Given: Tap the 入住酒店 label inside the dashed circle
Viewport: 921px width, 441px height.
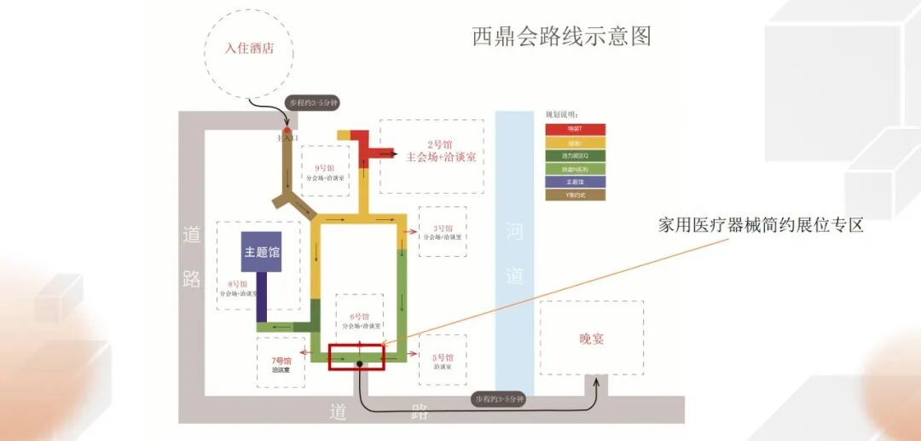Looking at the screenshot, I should pos(249,49).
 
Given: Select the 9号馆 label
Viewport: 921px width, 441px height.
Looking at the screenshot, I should pos(324,168).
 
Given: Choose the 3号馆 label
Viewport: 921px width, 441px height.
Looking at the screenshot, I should pos(442,229).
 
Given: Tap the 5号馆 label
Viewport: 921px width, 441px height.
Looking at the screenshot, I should pos(443,357).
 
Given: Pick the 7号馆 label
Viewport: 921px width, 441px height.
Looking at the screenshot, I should pos(281,360).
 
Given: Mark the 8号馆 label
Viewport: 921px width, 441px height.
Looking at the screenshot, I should pos(238,284).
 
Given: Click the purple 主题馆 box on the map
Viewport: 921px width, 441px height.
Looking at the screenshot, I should pos(261,252).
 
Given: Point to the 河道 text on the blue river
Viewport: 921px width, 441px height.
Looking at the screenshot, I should pos(514,252).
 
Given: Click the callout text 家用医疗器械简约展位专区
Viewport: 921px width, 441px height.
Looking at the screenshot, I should pos(761,226).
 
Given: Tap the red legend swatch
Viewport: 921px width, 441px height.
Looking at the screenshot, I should pos(576,129).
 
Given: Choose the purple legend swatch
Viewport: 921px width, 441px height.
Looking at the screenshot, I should pos(576,182).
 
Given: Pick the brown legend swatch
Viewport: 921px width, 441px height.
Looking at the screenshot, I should pos(576,195).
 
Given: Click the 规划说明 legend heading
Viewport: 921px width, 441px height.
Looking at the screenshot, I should pos(562,114).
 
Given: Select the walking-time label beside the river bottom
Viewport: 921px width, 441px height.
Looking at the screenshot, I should pos(500,399).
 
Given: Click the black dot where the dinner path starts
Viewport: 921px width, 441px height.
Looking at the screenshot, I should pos(360,364).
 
